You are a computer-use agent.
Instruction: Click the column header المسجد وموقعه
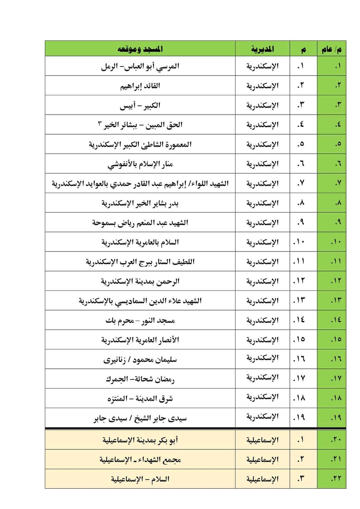[140, 49]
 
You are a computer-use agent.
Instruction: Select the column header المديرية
[262, 49]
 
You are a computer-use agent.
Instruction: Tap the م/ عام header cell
[331, 49]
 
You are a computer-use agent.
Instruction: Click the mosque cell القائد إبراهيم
[140, 86]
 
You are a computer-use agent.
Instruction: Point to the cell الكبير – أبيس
[140, 105]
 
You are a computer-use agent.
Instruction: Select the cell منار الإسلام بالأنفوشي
[140, 164]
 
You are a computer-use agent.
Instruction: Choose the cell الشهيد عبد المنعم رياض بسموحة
[140, 222]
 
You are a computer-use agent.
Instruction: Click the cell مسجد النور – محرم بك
[140, 320]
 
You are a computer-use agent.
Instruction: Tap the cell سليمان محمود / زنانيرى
[140, 359]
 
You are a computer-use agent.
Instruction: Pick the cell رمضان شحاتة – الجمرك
[140, 379]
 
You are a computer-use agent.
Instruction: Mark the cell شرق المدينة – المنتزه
[140, 398]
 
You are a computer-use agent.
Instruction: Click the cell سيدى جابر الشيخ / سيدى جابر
[140, 418]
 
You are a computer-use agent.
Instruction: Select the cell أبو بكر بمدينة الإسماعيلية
[140, 440]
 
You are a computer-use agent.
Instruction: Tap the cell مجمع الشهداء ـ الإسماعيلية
[140, 459]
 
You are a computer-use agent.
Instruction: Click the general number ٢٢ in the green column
[336, 479]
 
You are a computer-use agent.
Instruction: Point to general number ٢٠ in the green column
[336, 440]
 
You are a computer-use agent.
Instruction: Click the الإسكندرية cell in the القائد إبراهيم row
[262, 86]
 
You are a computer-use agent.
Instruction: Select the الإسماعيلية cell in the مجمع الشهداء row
[262, 459]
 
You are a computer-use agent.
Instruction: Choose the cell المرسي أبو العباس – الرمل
[140, 66]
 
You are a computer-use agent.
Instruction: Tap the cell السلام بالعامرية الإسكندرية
[140, 242]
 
